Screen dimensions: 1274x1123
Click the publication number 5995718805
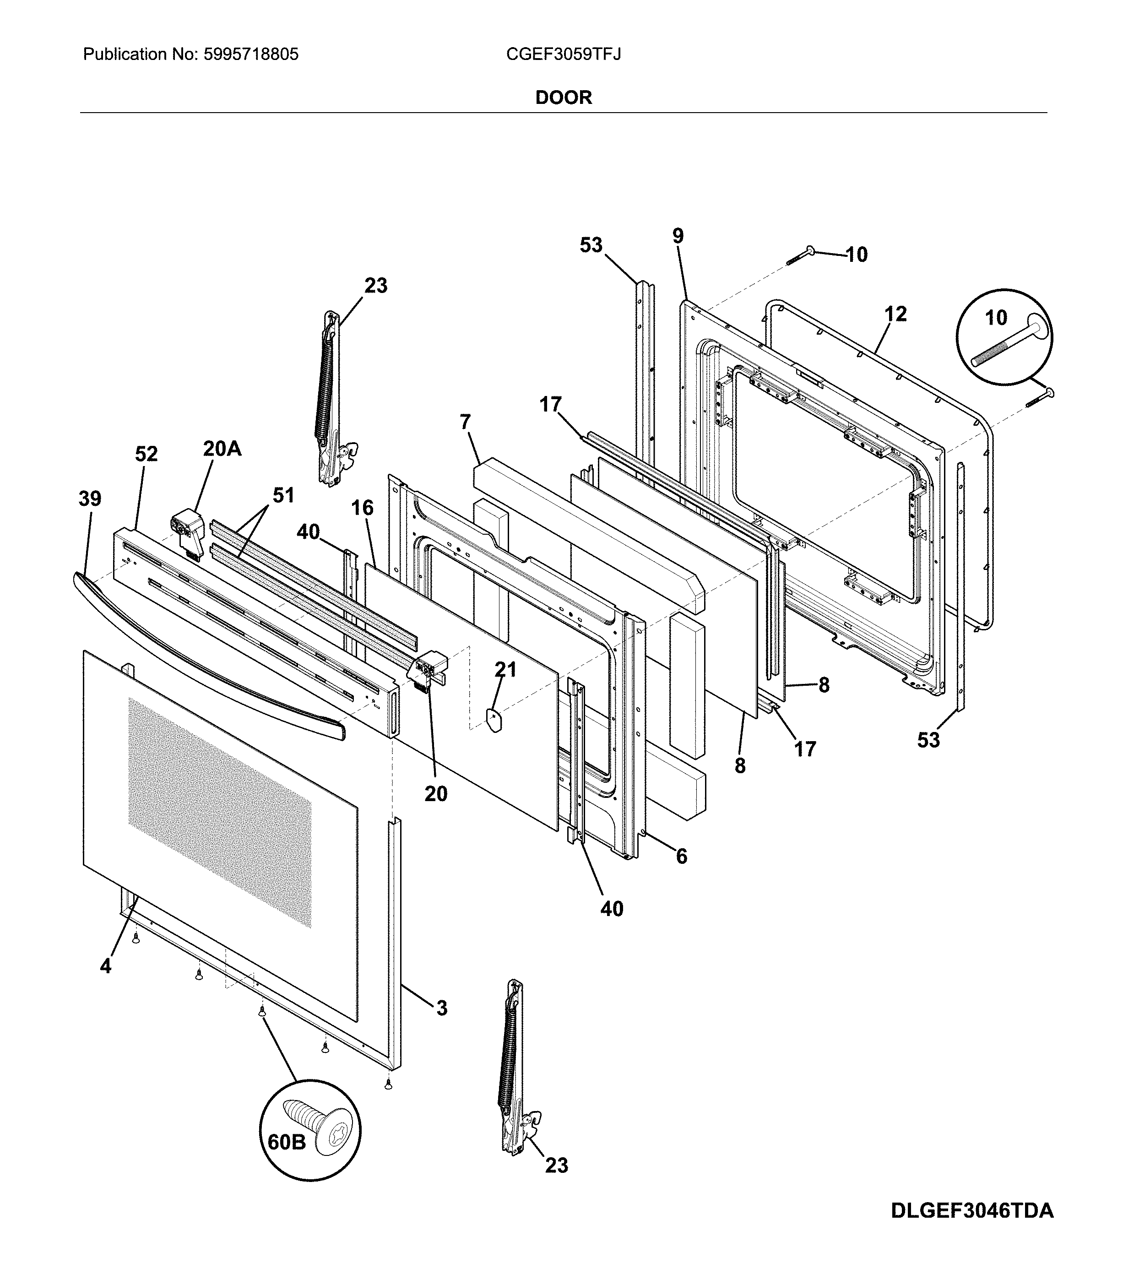(x=250, y=55)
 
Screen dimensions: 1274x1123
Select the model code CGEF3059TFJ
(x=563, y=55)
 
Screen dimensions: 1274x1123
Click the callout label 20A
(x=222, y=448)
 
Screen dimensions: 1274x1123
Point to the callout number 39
(x=90, y=498)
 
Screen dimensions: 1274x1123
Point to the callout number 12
(x=895, y=314)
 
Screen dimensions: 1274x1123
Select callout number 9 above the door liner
(x=678, y=236)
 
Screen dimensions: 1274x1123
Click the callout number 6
(x=681, y=857)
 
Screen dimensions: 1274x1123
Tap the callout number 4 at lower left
(x=105, y=966)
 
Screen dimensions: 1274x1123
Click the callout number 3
(x=441, y=1008)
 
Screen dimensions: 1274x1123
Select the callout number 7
(x=465, y=422)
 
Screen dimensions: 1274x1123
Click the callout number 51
(x=283, y=495)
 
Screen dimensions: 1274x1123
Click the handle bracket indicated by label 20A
(x=189, y=528)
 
